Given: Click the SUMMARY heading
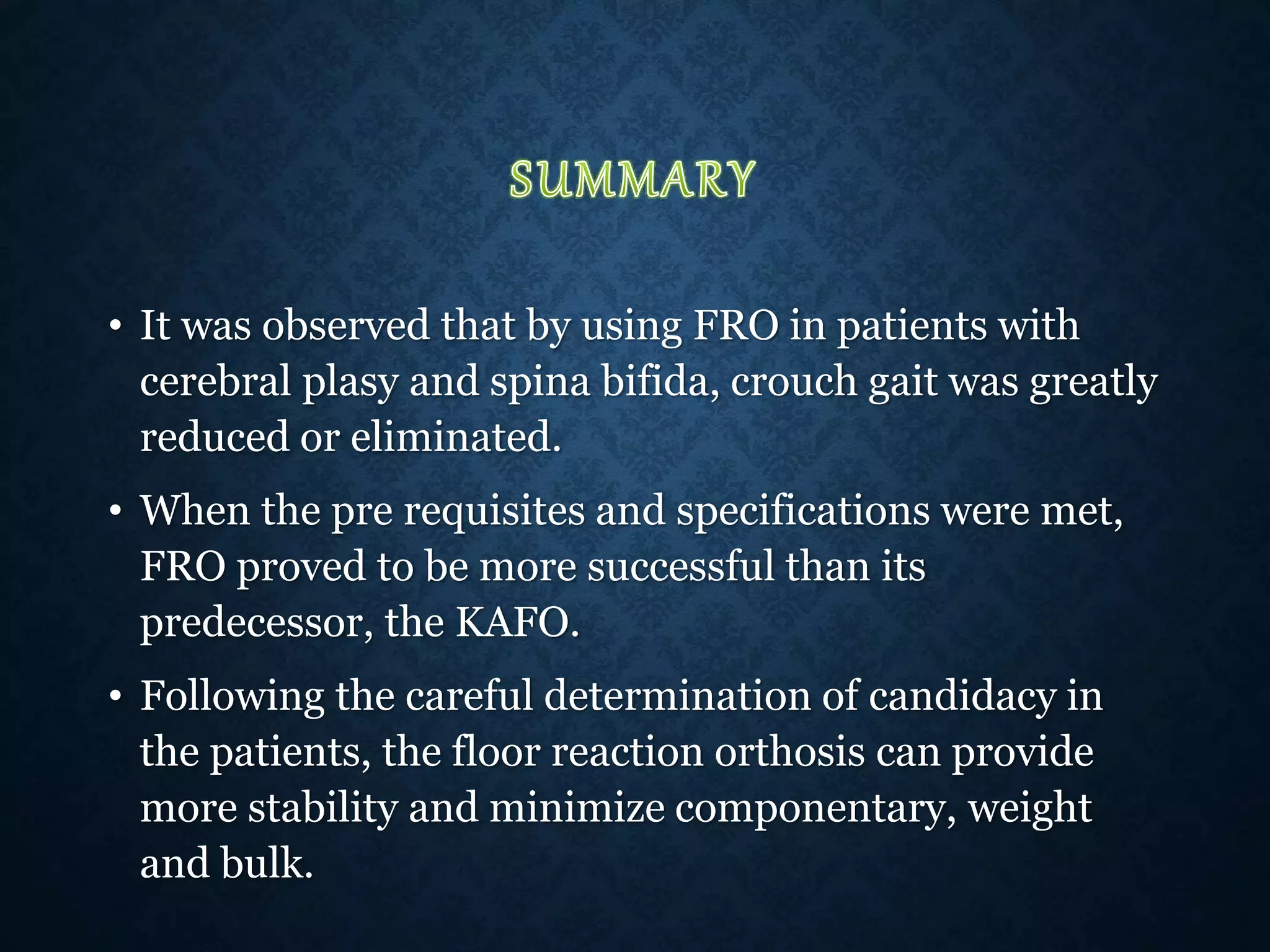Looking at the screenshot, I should [x=632, y=180].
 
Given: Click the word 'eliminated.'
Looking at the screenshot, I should [x=456, y=436].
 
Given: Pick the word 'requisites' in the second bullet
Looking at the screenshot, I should [x=494, y=511].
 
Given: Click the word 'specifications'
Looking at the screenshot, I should [x=802, y=511].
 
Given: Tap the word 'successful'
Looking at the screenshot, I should [x=680, y=566].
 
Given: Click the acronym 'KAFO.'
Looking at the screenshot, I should [x=517, y=622].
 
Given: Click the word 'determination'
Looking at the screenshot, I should [x=677, y=695].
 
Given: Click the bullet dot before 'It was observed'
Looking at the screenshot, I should [x=114, y=327].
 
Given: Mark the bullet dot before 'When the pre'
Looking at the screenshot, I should [x=114, y=513].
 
